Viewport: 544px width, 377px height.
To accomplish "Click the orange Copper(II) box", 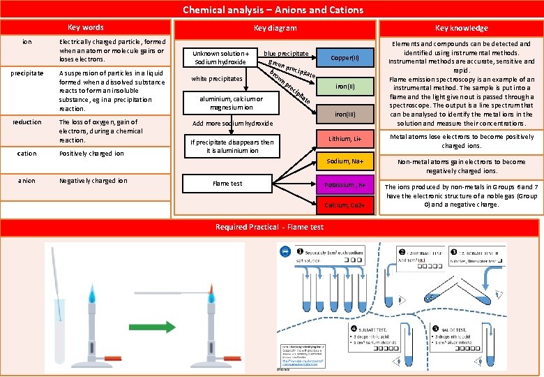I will pyautogui.click(x=345, y=57).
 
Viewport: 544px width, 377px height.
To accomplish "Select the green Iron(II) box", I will pyautogui.click(x=345, y=86).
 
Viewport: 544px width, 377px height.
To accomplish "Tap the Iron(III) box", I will pyautogui.click(x=345, y=114).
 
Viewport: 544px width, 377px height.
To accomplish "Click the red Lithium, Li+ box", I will pyautogui.click(x=345, y=139).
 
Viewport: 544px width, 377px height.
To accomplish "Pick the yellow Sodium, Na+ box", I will pyautogui.click(x=345, y=162).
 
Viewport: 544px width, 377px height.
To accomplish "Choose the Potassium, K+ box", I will pyautogui.click(x=345, y=185).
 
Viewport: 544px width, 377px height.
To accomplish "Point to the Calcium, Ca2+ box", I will pyautogui.click(x=345, y=205).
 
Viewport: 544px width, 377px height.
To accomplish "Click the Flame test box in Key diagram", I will pyautogui.click(x=227, y=184).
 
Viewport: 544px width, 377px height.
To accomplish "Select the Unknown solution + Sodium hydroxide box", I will pyautogui.click(x=222, y=58).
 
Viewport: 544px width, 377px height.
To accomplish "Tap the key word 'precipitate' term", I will pyautogui.click(x=27, y=73).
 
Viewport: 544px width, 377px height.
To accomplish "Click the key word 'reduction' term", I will pyautogui.click(x=27, y=122).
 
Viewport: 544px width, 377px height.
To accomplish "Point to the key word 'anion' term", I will pyautogui.click(x=27, y=181).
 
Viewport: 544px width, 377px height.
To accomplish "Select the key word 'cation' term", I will pyautogui.click(x=27, y=154).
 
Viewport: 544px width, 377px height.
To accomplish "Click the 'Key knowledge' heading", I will pyautogui.click(x=461, y=28).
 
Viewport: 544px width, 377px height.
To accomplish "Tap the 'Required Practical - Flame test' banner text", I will pyautogui.click(x=269, y=227).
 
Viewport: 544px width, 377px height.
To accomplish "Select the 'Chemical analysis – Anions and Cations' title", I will pyautogui.click(x=273, y=10).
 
